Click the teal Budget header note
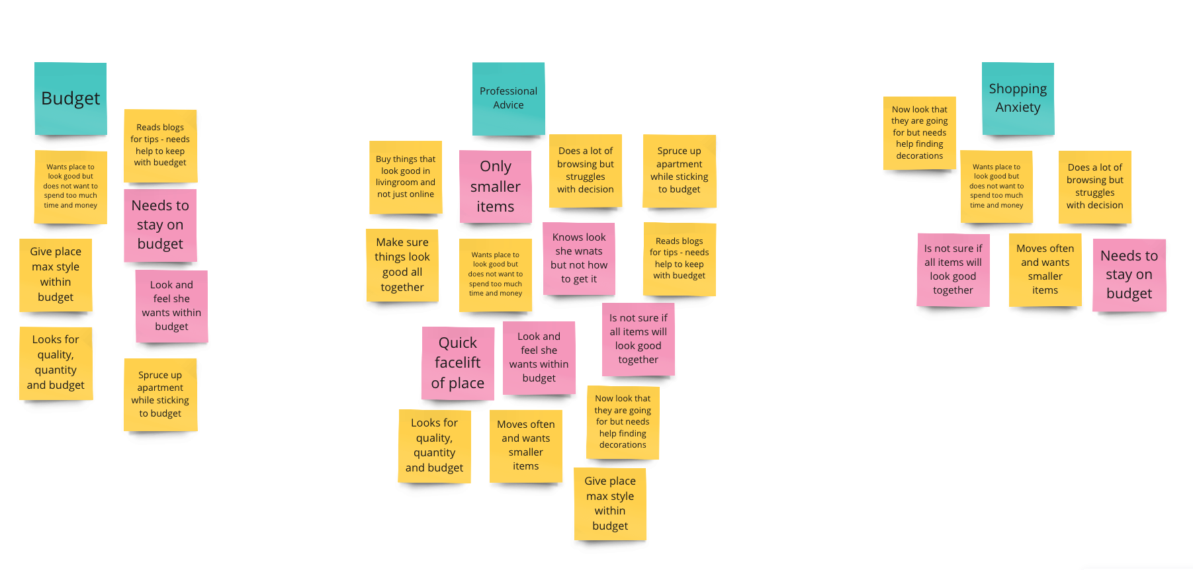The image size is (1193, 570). pyautogui.click(x=71, y=99)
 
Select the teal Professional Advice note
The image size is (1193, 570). pyautogui.click(x=508, y=99)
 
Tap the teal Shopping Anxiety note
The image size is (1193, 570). pyautogui.click(x=1018, y=99)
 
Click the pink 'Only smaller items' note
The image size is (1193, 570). pyautogui.click(x=496, y=186)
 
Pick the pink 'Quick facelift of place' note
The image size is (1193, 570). pyautogui.click(x=458, y=363)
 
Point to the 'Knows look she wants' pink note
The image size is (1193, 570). pyautogui.click(x=579, y=259)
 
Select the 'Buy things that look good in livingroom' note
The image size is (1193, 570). pyautogui.click(x=406, y=177)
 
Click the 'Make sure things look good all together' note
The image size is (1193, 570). pyautogui.click(x=402, y=265)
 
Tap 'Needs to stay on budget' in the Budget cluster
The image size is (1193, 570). pyautogui.click(x=160, y=225)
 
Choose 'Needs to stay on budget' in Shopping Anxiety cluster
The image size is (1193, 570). pyautogui.click(x=1129, y=274)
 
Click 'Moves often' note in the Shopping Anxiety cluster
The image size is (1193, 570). pyautogui.click(x=1045, y=269)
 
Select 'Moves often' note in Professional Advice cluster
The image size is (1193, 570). pyautogui.click(x=526, y=446)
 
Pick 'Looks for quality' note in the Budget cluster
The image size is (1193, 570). pyautogui.click(x=56, y=363)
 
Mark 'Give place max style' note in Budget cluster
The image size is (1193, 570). pyautogui.click(x=56, y=274)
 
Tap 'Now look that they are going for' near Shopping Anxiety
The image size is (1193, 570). pyautogui.click(x=919, y=133)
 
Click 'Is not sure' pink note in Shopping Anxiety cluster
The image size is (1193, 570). pyautogui.click(x=953, y=269)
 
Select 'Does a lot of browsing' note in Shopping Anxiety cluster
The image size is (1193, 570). pyautogui.click(x=1094, y=186)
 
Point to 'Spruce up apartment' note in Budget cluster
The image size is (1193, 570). pyautogui.click(x=160, y=394)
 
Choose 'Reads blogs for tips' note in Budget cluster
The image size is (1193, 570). pyautogui.click(x=160, y=145)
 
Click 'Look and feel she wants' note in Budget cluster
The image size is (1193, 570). pyautogui.click(x=171, y=305)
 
